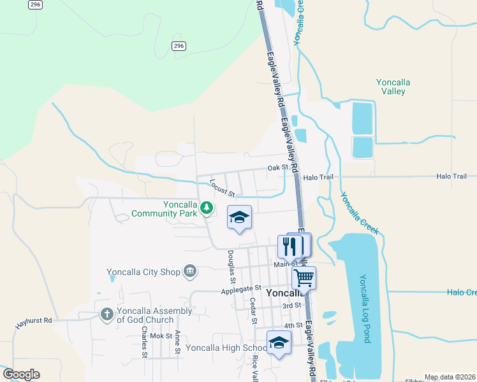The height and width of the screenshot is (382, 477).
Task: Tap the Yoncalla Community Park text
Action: click(164, 209)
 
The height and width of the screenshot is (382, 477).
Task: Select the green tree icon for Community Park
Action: click(206, 208)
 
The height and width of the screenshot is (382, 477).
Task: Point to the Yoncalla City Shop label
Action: click(144, 272)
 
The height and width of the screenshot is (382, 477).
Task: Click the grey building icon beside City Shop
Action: click(189, 272)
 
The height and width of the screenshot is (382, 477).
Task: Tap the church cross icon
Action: click(106, 314)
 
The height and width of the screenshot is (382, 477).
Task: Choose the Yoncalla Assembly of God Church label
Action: click(154, 315)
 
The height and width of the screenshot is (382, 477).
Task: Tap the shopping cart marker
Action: click(304, 278)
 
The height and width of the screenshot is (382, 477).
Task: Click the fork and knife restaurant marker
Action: click(290, 246)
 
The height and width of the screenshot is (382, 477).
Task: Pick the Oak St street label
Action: click(278, 168)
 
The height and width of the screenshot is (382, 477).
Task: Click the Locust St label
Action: click(223, 188)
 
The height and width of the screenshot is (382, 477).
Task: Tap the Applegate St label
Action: click(242, 290)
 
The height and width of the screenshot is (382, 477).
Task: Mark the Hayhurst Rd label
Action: click(33, 323)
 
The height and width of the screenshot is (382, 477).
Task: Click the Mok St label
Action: click(161, 336)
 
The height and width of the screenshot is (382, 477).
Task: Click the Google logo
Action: click(21, 374)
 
